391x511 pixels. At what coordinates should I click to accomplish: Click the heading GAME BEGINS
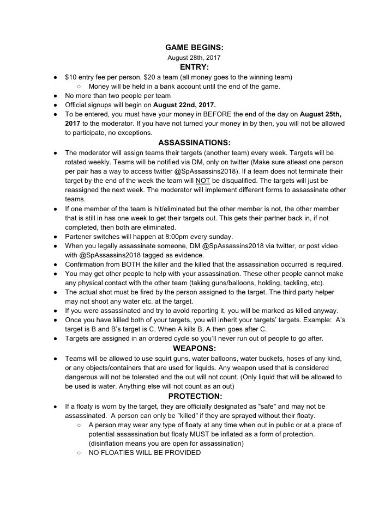coord(195,48)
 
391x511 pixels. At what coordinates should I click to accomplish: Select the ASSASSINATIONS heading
coord(195,143)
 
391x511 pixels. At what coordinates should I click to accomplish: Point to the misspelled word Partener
coord(79,236)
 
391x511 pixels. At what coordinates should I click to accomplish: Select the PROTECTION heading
coord(195,396)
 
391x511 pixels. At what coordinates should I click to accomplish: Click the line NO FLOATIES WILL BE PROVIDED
coord(145,453)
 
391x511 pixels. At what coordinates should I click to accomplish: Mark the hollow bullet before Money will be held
coord(80,86)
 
